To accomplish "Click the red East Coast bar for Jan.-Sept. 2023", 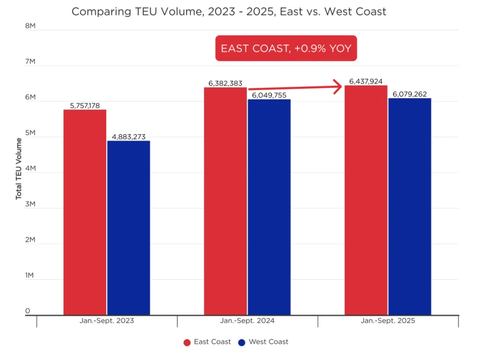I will [x=85, y=212].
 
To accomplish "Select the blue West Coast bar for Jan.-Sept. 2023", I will [x=129, y=228].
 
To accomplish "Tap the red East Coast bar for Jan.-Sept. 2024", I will [x=225, y=201].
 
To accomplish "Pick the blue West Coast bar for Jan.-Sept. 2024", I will [x=269, y=207].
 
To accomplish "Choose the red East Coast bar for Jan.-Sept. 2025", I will [x=366, y=200].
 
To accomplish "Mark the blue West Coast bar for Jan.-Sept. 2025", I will [x=410, y=207].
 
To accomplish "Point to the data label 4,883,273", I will [x=129, y=137].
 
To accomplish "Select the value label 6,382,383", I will [x=225, y=83].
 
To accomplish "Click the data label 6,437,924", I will [x=366, y=81].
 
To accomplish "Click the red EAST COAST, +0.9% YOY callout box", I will [x=286, y=48].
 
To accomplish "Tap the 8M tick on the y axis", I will [x=30, y=27].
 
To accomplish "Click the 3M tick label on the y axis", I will [x=30, y=204].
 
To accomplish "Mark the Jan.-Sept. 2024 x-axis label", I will [x=247, y=321].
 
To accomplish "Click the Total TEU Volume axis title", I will [x=19, y=169].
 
